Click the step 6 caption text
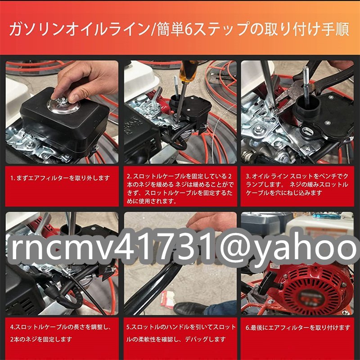(x=297, y=328)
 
